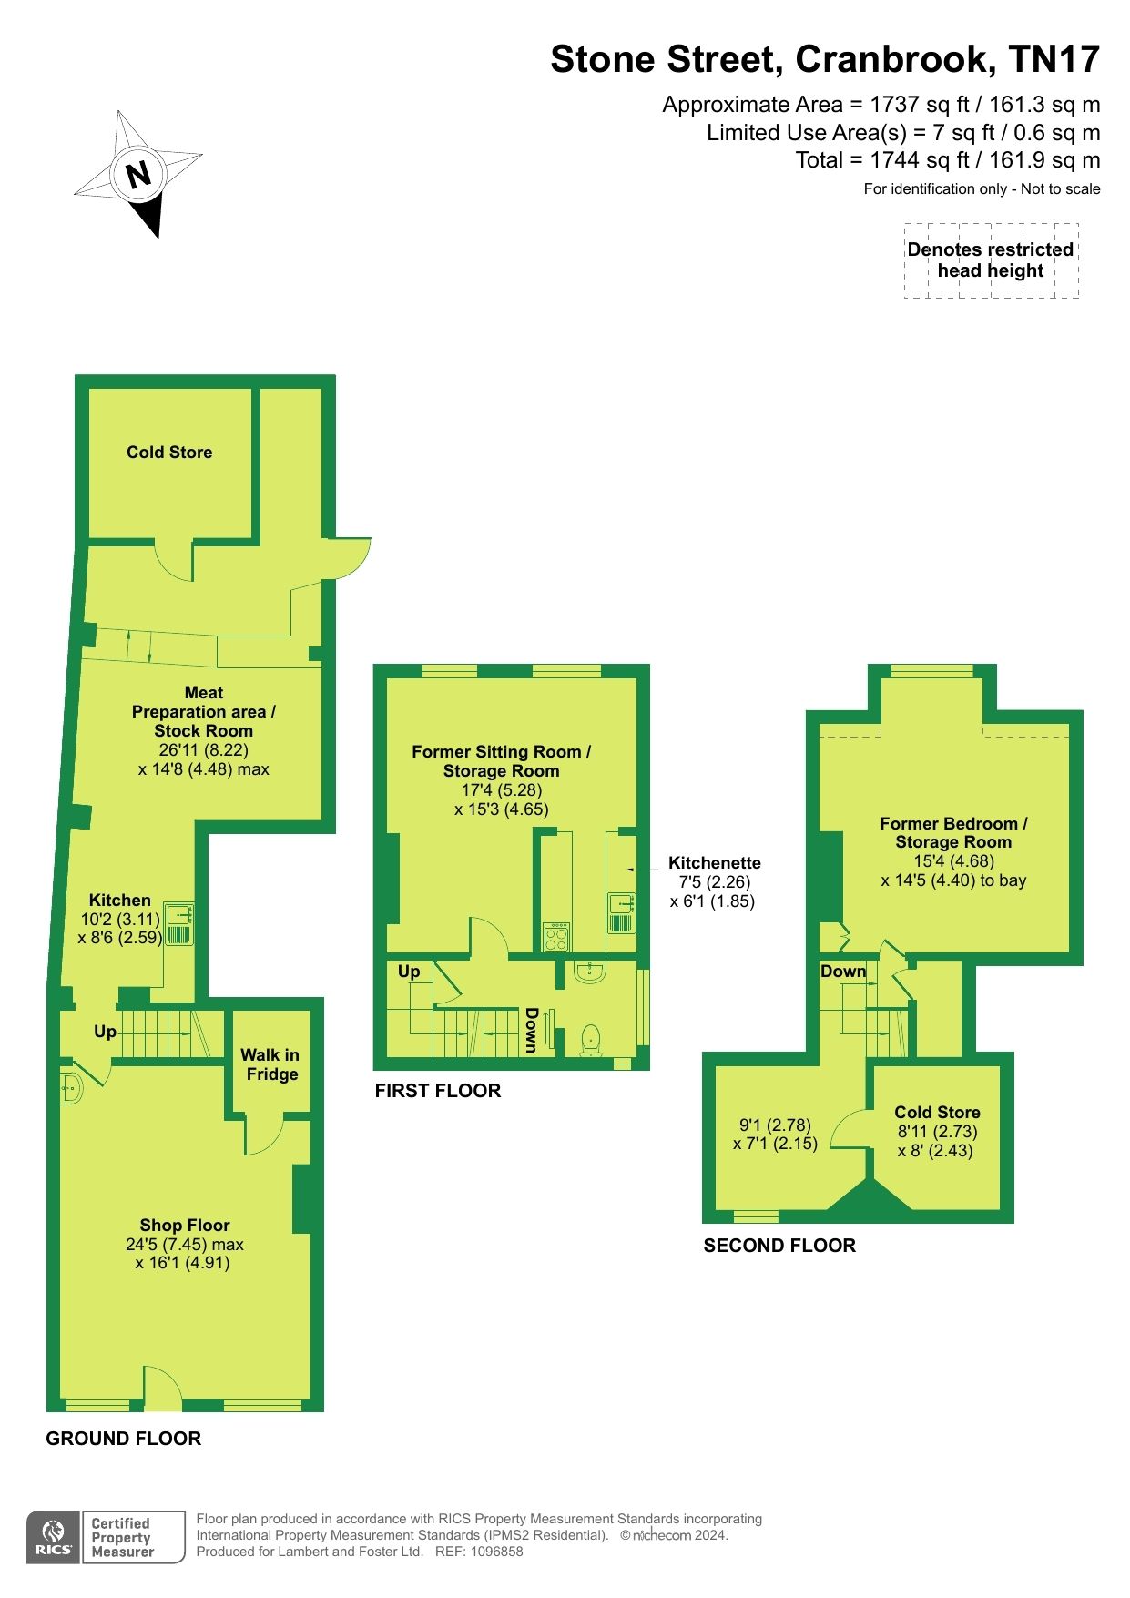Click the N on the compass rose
[x=137, y=174]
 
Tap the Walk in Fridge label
[x=270, y=1064]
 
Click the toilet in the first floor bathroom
[x=591, y=1038]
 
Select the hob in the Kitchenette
[x=555, y=937]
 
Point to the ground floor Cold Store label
[x=169, y=453]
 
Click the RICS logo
[x=54, y=1538]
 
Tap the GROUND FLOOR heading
[x=124, y=1439]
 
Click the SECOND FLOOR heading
[x=779, y=1246]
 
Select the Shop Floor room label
[x=185, y=1226]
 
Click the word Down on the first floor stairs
[x=531, y=1030]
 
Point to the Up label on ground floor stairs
[x=105, y=1032]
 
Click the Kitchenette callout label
[x=714, y=863]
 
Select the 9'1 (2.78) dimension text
[x=774, y=1125]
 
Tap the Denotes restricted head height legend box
[x=991, y=260]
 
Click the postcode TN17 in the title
[x=1054, y=60]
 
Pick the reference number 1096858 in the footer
[x=493, y=1552]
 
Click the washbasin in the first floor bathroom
[x=591, y=972]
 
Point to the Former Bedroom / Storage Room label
[x=953, y=832]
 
